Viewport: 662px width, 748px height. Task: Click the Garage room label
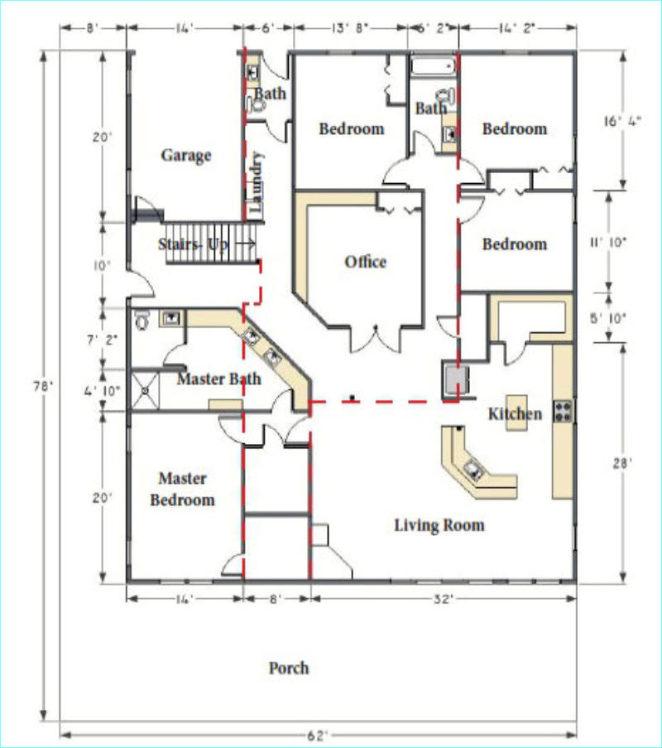tap(186, 156)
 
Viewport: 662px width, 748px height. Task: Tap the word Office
tap(365, 262)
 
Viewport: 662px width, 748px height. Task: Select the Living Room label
tap(439, 525)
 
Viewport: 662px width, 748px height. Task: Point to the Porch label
tap(289, 668)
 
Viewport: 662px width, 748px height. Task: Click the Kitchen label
tap(515, 413)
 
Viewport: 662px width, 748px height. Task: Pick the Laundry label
tap(256, 183)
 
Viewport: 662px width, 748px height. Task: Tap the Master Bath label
tap(218, 379)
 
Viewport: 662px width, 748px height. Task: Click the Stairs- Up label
tap(193, 244)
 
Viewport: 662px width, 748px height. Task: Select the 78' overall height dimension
tap(42, 386)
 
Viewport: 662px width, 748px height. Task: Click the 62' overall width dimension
tap(317, 736)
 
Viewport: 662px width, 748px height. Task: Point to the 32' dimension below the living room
tap(442, 599)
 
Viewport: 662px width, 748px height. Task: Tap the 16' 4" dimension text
tap(622, 121)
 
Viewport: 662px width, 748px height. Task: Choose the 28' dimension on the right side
tap(622, 463)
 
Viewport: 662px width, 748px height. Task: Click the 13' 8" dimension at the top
tap(350, 28)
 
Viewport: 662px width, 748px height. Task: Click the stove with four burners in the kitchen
tap(563, 411)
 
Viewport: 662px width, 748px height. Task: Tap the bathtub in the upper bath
tap(434, 66)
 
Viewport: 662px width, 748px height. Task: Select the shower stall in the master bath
tap(145, 391)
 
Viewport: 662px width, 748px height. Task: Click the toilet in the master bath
tap(142, 320)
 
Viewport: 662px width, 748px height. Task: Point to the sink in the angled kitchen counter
tap(473, 470)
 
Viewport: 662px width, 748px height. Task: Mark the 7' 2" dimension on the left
tap(102, 340)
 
